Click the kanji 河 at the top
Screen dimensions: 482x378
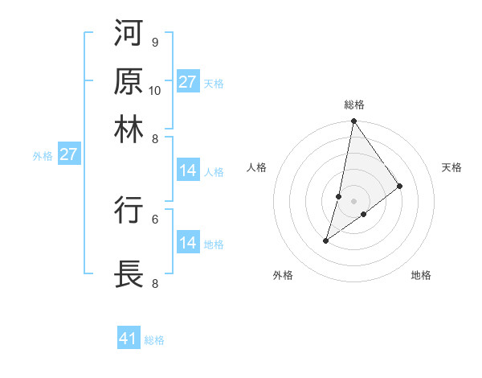click(x=129, y=35)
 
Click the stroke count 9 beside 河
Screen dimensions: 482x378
click(x=154, y=43)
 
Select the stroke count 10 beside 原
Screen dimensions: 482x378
click(x=155, y=90)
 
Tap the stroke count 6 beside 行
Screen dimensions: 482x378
click(x=154, y=218)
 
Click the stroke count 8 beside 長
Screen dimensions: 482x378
click(x=154, y=283)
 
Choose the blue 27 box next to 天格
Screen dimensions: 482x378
click(x=188, y=81)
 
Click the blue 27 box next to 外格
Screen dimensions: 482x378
click(x=67, y=154)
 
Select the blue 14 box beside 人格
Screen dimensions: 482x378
click(x=188, y=171)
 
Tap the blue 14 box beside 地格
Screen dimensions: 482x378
click(x=188, y=243)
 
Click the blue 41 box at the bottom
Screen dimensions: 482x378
click(x=129, y=339)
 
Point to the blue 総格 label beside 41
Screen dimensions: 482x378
click(x=154, y=340)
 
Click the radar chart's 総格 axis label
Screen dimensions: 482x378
click(x=353, y=105)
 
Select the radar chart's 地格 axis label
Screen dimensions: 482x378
click(x=421, y=276)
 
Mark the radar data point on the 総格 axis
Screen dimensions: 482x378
click(x=353, y=121)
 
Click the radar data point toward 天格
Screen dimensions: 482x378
click(x=400, y=187)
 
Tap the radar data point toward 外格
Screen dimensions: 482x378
click(x=326, y=240)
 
